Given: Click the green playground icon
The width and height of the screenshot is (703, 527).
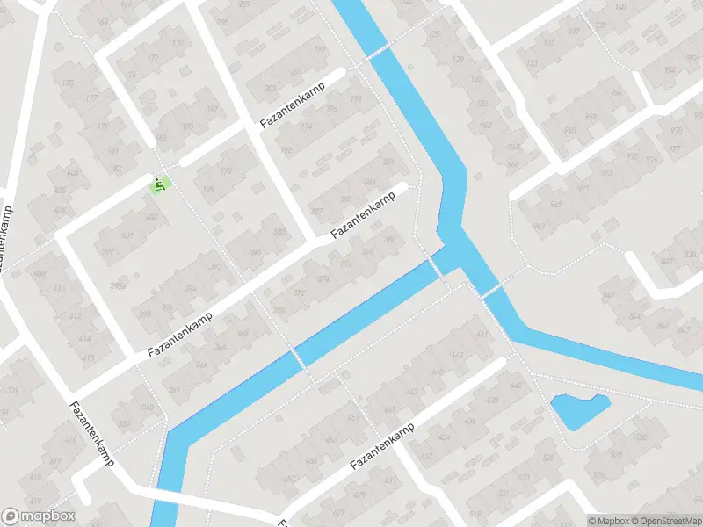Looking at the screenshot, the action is pos(160,184).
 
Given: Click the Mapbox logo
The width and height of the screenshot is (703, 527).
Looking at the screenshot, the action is pos(39,517).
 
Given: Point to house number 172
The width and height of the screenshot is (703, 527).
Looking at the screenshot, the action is pos(155,60).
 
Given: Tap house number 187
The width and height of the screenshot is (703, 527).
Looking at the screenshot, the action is pos(212,110).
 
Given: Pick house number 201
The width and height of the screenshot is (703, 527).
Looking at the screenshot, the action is pos(296,72).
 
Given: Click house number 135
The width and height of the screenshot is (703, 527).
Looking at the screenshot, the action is pos(551,42).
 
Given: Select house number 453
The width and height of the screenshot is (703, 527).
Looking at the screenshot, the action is pos(331,439).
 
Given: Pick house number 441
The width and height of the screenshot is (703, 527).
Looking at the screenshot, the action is pos(481,335).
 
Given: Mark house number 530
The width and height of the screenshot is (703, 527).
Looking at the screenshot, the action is pos(639,437).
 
